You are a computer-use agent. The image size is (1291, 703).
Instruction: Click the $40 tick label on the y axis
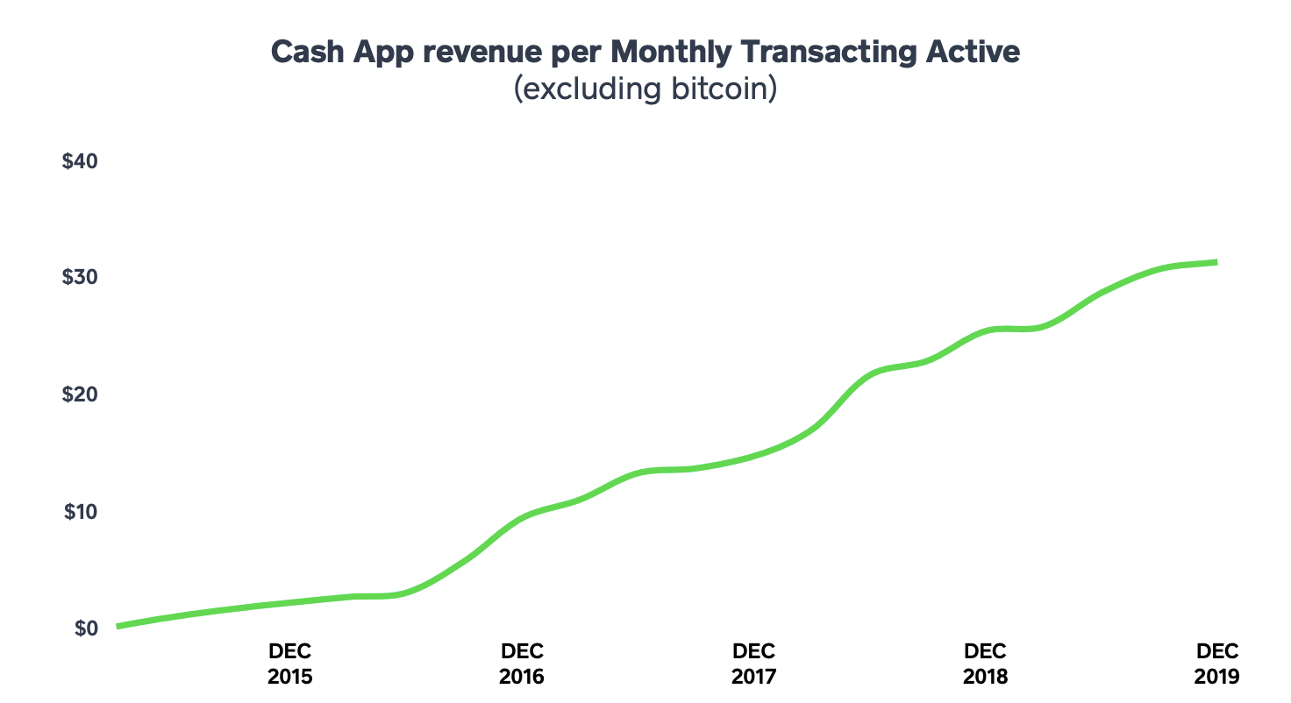click(x=81, y=162)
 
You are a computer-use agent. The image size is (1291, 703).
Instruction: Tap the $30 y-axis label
click(x=81, y=277)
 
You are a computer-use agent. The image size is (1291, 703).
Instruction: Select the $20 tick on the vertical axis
click(x=81, y=394)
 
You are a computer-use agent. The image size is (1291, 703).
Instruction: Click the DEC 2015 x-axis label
click(x=290, y=664)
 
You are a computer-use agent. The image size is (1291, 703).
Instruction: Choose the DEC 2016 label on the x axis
click(x=523, y=664)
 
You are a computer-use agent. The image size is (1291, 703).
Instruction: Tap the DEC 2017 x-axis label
click(x=754, y=664)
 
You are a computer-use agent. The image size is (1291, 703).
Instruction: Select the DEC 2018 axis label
click(x=986, y=664)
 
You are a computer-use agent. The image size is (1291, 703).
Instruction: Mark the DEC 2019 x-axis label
click(x=1217, y=664)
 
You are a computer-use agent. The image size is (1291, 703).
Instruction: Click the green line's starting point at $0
click(x=118, y=627)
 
